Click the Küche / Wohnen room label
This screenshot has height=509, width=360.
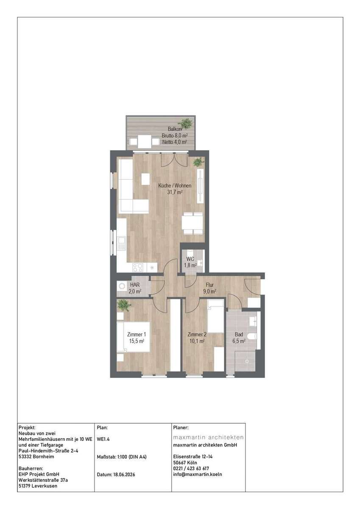pos(175,186)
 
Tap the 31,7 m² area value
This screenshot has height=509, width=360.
pos(175,192)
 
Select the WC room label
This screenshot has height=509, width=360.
pos(190,259)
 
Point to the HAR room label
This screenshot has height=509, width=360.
pos(135,285)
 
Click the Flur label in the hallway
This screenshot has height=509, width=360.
pos(209,285)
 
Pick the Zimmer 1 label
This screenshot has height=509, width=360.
pos(137,335)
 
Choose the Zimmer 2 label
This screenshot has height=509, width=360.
pos(197,335)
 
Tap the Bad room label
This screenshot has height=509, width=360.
pos(239,335)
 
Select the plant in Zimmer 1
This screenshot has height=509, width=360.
pos(124,305)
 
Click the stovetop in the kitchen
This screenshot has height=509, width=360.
pos(138,268)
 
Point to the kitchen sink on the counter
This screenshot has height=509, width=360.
pos(122,243)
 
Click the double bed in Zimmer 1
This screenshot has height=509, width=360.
pos(133,337)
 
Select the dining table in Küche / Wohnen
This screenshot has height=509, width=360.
pos(193,223)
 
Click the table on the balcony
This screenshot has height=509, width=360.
pos(145,142)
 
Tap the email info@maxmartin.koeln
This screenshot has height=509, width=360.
pos(198,474)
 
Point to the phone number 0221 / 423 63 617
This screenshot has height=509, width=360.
pos(191,469)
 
